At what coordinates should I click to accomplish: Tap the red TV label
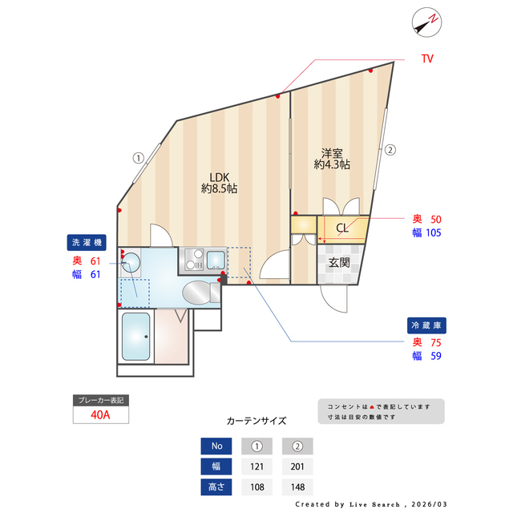pos(427,59)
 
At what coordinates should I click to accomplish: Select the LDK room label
pos(219,183)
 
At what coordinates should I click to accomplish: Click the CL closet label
pos(342,228)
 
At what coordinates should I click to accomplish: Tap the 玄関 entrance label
pos(339,262)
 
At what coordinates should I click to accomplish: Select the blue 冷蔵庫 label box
pos(426,326)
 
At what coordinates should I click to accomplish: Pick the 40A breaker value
pos(100,414)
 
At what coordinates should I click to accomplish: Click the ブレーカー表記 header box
pos(100,399)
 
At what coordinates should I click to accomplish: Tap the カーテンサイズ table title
pos(256,420)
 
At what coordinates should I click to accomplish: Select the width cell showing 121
pos(257,467)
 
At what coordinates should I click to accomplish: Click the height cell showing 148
pos(297,487)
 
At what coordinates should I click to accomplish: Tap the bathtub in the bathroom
pos(136,337)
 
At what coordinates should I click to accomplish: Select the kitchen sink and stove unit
pos(205,259)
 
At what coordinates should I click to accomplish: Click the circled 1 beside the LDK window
pos(138,158)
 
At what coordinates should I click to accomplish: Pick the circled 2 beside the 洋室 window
pos(390,149)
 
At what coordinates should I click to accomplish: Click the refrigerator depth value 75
pos(437,342)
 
